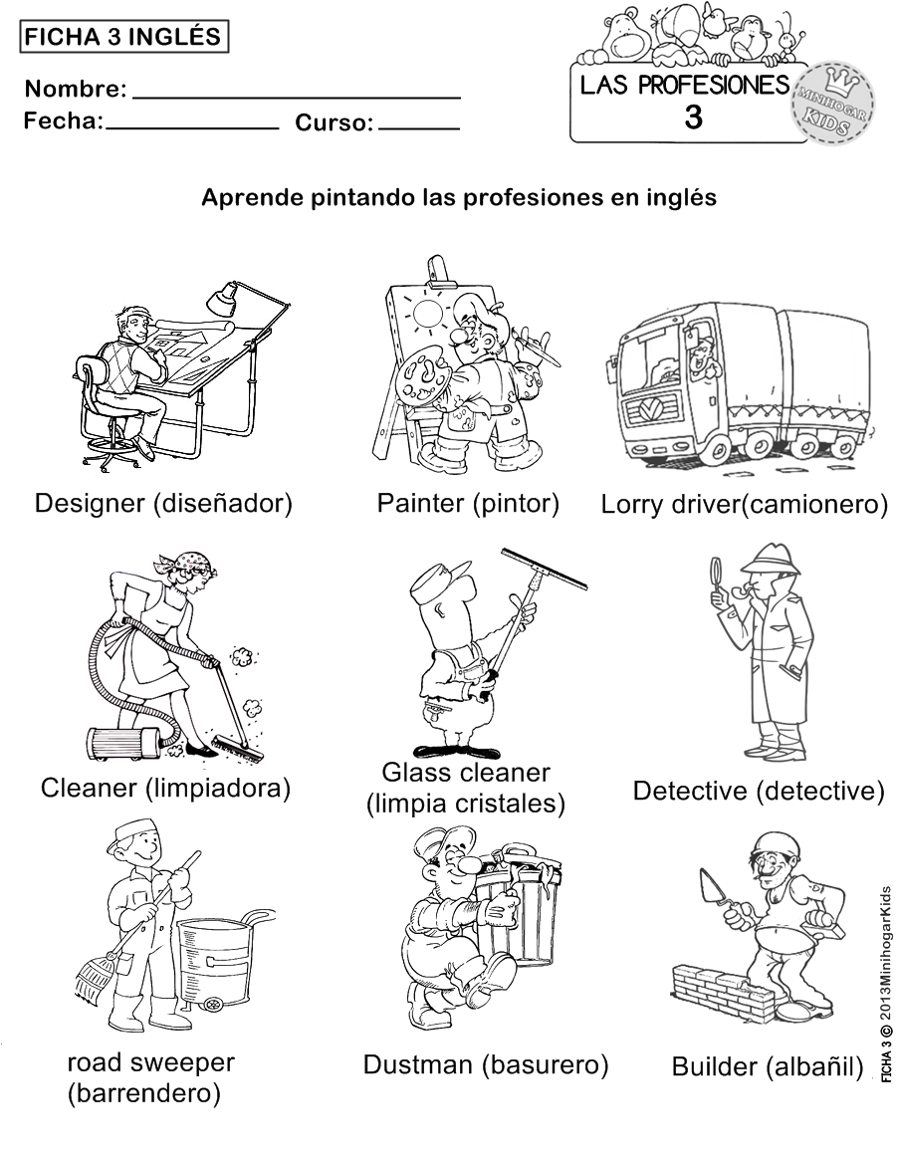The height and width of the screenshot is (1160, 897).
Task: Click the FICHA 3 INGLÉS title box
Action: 123,36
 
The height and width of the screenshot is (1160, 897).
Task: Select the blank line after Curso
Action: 419,128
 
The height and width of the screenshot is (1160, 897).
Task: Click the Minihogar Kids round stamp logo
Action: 832,104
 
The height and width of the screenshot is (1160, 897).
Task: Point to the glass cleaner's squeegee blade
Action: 544,569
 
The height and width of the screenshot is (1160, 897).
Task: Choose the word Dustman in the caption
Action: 418,1064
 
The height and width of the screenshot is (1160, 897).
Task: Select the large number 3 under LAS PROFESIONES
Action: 694,117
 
